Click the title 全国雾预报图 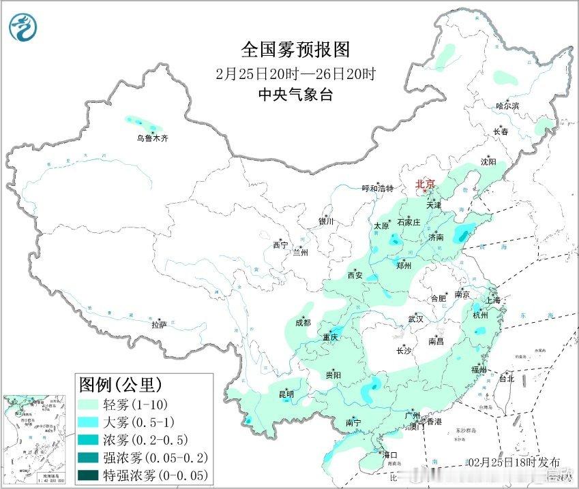coord(295,50)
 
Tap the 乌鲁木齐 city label coord(151,138)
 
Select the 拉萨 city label coord(160,326)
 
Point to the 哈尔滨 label coord(507,106)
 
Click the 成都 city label coord(303,323)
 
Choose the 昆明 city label coord(286,394)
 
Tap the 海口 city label coord(389,454)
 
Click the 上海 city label coord(492,300)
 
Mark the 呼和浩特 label coord(377,189)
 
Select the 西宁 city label coord(280,245)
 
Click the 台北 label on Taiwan coord(507,377)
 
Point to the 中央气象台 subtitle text coord(295,95)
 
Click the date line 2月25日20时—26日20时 coord(295,74)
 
